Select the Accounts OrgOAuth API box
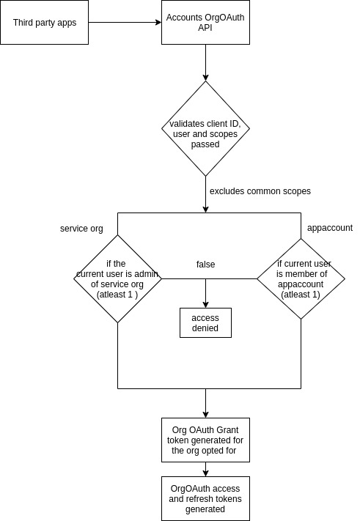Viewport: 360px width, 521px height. click(205, 22)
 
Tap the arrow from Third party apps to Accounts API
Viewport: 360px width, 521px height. click(125, 22)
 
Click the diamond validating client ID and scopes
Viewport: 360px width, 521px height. click(205, 128)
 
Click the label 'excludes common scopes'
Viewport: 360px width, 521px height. click(260, 191)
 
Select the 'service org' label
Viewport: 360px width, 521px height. click(81, 229)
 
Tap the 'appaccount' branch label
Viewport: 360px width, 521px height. click(329, 228)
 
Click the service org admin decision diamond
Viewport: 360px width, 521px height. click(117, 278)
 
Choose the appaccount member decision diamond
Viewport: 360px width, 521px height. click(301, 278)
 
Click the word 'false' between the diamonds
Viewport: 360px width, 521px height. click(206, 264)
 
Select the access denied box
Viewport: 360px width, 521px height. click(205, 322)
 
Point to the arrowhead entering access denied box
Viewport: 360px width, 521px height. click(205, 303)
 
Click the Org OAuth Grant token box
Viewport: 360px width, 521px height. click(205, 440)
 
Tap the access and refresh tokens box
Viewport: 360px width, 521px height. click(205, 498)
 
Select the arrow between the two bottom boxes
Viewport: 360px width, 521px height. click(205, 469)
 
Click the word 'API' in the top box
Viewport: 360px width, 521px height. click(205, 28)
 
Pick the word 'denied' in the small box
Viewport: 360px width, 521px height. click(205, 328)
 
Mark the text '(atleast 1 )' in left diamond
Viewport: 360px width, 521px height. click(117, 295)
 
